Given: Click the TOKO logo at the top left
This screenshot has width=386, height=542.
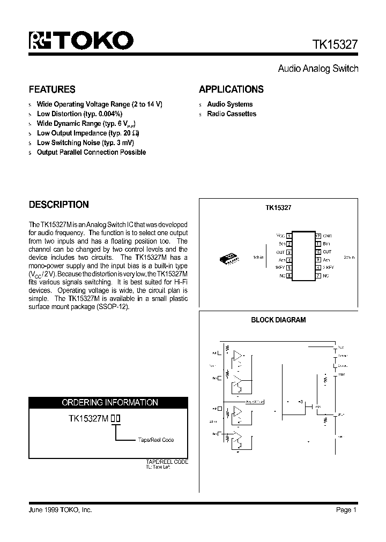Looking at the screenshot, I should pyautogui.click(x=81, y=41).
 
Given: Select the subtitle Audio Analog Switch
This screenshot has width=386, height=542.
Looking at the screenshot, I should pyautogui.click(x=318, y=69).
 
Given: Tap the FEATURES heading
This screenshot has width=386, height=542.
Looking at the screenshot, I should pyautogui.click(x=52, y=89).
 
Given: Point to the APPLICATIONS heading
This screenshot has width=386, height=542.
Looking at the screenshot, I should pyautogui.click(x=231, y=89).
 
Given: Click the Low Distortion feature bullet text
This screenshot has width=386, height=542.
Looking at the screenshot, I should pyautogui.click(x=79, y=114).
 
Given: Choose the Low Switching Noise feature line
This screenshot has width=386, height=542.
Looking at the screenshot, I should pyautogui.click(x=85, y=143).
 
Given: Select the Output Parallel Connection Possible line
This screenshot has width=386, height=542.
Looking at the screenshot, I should pyautogui.click(x=91, y=153).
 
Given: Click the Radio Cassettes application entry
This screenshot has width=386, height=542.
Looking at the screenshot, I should pyautogui.click(x=232, y=114).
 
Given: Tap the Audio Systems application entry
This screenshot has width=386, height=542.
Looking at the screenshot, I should pyautogui.click(x=229, y=104).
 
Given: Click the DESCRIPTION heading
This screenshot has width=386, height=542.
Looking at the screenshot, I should pyautogui.click(x=58, y=205).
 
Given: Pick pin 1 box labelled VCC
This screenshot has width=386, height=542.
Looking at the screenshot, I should pyautogui.click(x=289, y=236).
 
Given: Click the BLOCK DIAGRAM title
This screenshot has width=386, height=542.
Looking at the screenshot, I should pyautogui.click(x=278, y=320).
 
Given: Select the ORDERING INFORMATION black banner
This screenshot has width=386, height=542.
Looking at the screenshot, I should pyautogui.click(x=109, y=403).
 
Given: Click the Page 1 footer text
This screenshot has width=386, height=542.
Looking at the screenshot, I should pyautogui.click(x=346, y=510).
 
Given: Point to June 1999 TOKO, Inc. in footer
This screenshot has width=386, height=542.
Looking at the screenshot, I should pyautogui.click(x=60, y=510).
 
